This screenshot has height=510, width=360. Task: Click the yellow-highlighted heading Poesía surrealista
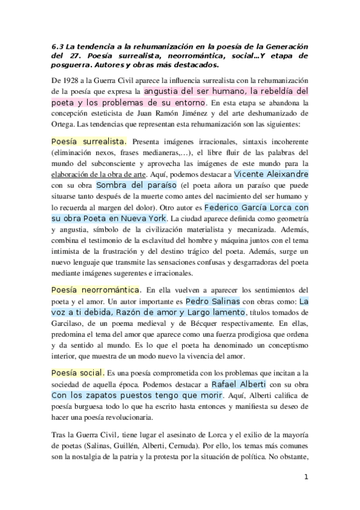click(88, 141)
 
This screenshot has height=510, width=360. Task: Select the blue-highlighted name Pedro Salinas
click(213, 301)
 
